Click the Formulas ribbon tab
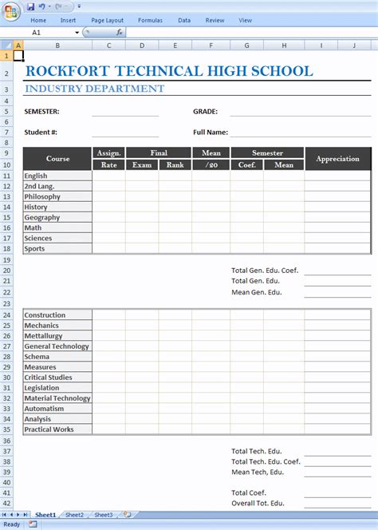coord(150,20)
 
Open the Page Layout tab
coord(108,20)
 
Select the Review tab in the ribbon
coord(215,20)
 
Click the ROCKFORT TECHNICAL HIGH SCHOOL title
coord(168,71)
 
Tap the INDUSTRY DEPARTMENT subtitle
coord(94,89)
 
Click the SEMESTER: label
coord(41,112)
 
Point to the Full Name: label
coord(211,132)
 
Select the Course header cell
coord(57,159)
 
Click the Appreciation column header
coord(337,159)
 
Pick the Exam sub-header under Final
coord(142,165)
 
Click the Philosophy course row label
coord(42,196)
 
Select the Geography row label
coord(42,217)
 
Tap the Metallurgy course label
coord(43,336)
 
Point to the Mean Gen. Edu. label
coord(257,292)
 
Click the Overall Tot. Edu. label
coord(258,503)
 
